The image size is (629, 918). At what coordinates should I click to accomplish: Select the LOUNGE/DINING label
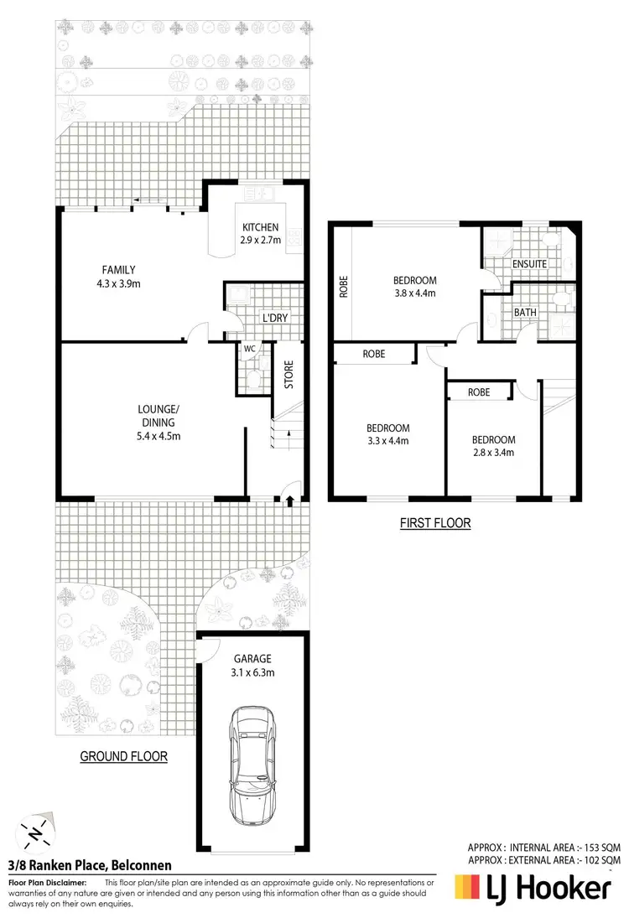tap(159, 416)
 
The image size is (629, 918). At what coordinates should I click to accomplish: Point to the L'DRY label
tap(275, 319)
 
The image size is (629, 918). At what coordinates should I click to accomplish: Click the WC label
tap(249, 349)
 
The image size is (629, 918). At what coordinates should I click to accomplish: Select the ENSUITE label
tap(529, 264)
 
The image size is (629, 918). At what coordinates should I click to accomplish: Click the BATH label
tap(525, 313)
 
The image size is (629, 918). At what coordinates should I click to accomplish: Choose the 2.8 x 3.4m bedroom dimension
tap(493, 453)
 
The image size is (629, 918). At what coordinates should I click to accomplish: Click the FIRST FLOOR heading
tap(434, 523)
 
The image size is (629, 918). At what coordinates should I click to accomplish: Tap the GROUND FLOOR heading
tap(123, 756)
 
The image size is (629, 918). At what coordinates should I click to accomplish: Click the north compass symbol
tap(34, 833)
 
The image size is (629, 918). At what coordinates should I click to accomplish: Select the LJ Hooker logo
tap(533, 888)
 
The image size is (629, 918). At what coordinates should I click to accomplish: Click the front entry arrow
tap(290, 501)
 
